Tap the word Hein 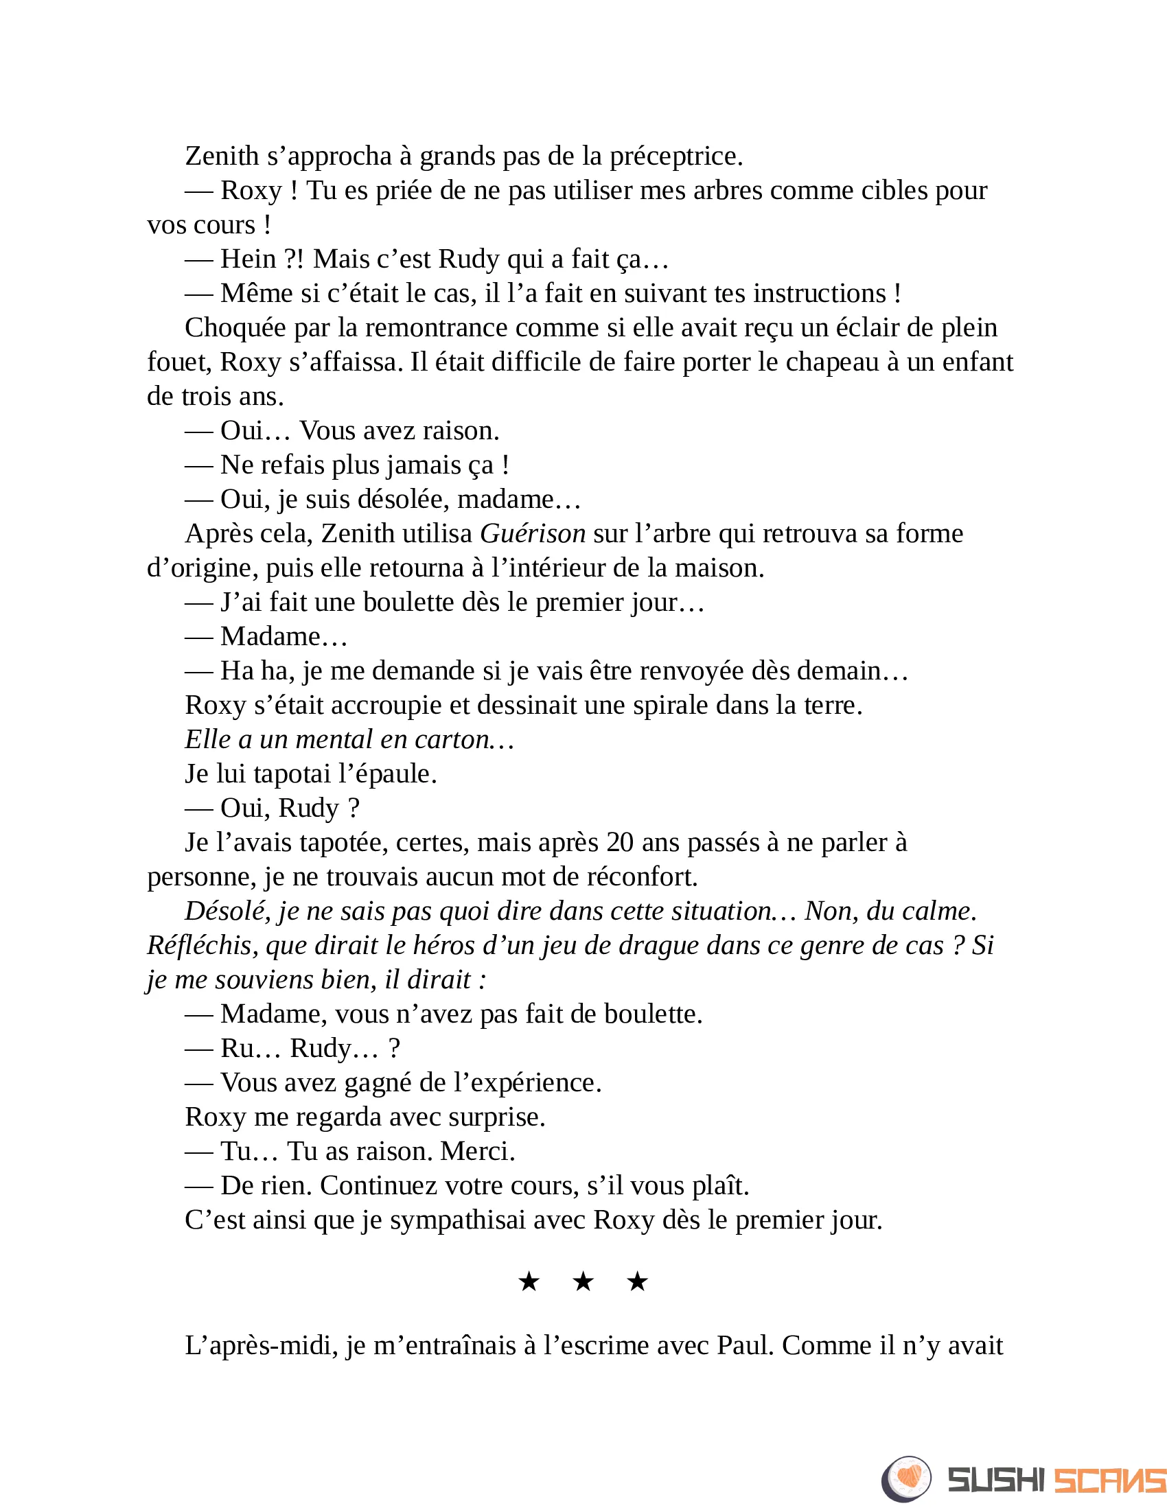(x=249, y=259)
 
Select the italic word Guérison (x=533, y=534)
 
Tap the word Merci (x=477, y=1151)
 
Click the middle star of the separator (x=583, y=1282)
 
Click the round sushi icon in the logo (x=906, y=1479)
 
